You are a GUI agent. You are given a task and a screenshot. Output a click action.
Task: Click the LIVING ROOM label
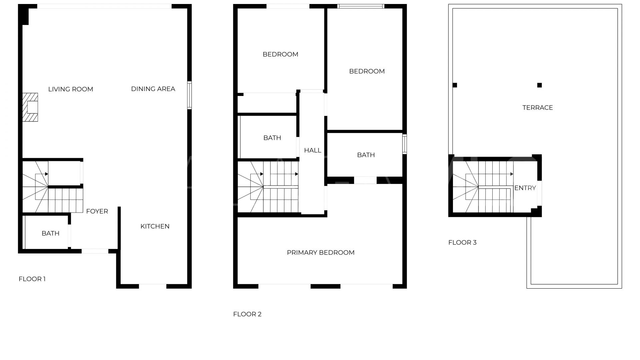click(71, 89)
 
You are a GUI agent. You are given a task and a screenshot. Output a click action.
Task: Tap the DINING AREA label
click(153, 89)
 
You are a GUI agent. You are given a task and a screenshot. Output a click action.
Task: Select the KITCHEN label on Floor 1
click(155, 226)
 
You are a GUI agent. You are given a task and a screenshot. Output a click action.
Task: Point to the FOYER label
click(97, 211)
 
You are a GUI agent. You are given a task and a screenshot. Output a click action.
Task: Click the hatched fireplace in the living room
click(30, 107)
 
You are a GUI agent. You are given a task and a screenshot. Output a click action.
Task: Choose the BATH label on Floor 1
click(51, 233)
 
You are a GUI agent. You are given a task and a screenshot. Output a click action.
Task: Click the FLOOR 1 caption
click(32, 279)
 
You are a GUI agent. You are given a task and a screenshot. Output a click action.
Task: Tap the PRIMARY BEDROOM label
click(321, 253)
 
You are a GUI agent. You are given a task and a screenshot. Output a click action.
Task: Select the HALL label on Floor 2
click(313, 151)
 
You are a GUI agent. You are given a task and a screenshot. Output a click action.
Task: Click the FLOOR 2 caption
click(247, 314)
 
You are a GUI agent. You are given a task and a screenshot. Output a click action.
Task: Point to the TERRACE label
click(538, 108)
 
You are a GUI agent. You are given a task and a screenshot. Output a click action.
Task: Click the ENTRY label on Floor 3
click(525, 188)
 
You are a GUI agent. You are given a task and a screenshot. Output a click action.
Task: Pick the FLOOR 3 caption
click(462, 242)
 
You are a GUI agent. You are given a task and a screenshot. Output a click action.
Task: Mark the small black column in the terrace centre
click(540, 85)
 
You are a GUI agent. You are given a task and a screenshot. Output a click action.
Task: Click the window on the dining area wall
click(189, 95)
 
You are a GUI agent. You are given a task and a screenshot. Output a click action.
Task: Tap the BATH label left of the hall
click(272, 138)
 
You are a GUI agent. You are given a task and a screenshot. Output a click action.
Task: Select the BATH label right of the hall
click(366, 155)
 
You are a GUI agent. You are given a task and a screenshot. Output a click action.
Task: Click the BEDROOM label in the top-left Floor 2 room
click(280, 54)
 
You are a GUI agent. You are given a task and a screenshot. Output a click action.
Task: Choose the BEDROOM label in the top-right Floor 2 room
click(367, 71)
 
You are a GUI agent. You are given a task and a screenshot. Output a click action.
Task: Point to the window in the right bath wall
click(405, 144)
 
